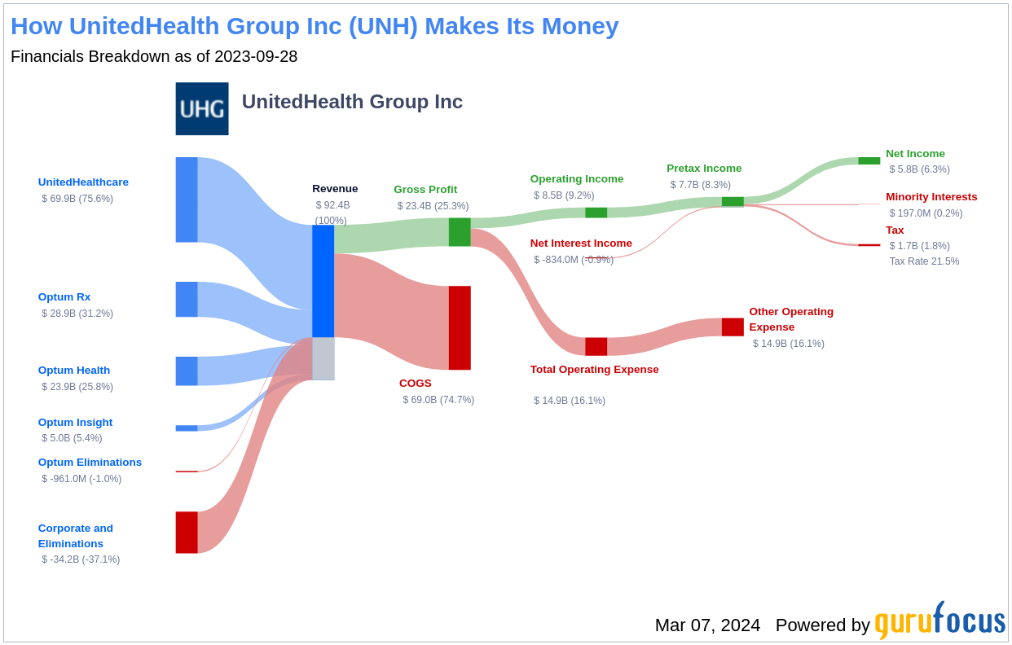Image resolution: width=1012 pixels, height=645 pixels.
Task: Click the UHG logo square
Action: click(x=202, y=108)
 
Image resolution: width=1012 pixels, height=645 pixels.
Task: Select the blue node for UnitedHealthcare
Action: click(x=187, y=200)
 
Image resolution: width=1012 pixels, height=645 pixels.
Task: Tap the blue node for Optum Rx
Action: click(x=187, y=299)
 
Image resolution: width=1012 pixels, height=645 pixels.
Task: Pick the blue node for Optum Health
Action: click(x=187, y=371)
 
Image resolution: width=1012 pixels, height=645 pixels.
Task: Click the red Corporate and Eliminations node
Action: click(x=187, y=532)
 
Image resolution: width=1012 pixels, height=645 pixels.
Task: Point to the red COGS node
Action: click(x=460, y=327)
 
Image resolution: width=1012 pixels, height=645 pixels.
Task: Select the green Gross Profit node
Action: click(x=460, y=231)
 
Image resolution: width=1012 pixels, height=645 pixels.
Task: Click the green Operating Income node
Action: click(x=596, y=213)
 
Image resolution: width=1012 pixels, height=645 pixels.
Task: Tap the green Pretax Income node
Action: click(x=733, y=201)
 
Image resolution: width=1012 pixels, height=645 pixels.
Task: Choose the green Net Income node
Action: click(x=869, y=160)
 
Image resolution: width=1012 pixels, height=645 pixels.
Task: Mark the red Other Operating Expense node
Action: click(x=733, y=327)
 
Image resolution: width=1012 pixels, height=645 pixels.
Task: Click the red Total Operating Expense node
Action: click(x=596, y=346)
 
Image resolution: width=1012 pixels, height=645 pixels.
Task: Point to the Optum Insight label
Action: click(x=75, y=422)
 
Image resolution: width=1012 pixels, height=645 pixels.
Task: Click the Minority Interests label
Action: click(x=931, y=196)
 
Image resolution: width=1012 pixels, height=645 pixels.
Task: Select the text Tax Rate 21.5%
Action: click(x=924, y=261)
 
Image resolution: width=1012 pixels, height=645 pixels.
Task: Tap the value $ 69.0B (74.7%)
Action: click(x=438, y=400)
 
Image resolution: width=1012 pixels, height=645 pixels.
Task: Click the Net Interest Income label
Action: click(x=581, y=243)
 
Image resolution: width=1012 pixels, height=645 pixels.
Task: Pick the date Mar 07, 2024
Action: click(x=707, y=625)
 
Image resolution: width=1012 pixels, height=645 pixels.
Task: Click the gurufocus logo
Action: click(x=939, y=621)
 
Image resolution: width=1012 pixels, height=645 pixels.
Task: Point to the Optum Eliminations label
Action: click(x=90, y=462)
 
